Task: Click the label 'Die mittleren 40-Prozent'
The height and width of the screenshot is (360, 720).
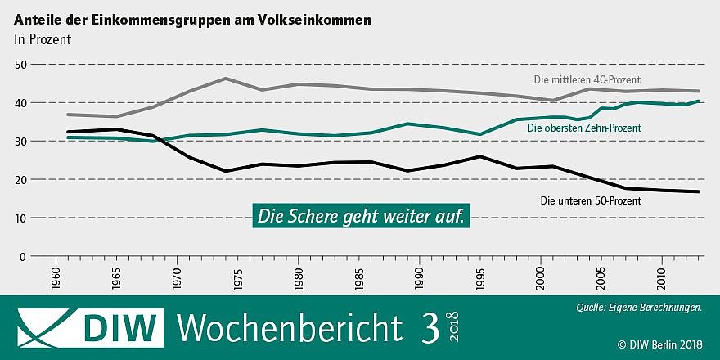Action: [587, 80]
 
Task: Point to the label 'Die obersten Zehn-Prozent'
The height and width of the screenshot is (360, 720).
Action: [583, 128]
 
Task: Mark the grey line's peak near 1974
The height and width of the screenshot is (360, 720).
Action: [225, 79]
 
